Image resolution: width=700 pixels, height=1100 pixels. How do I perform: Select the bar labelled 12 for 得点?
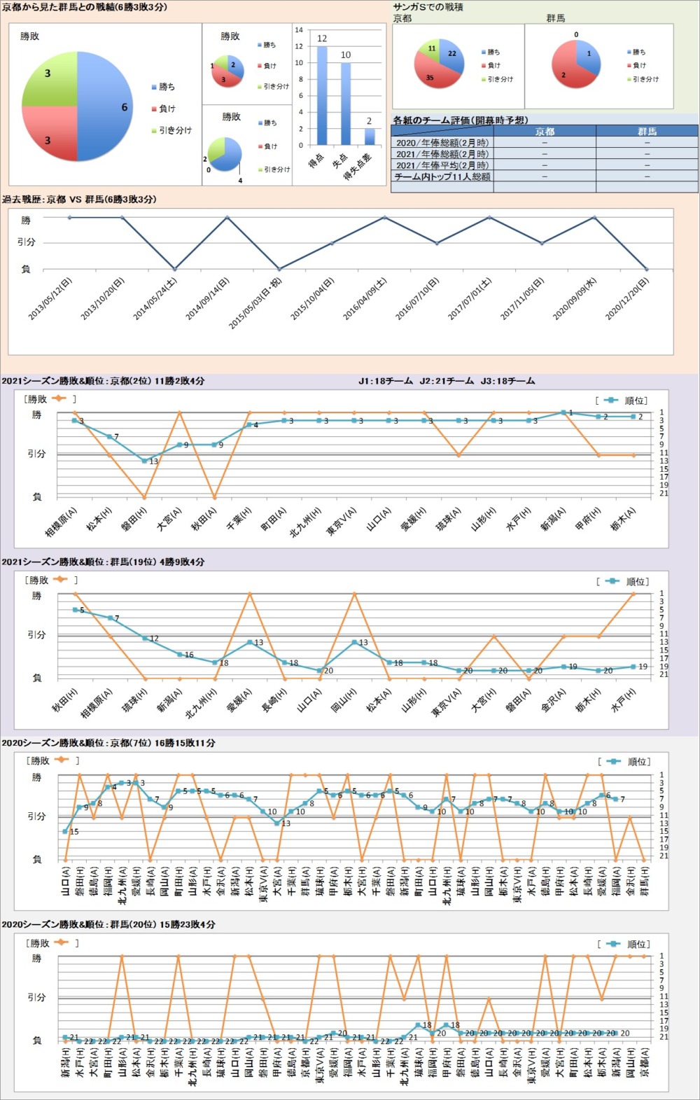[322, 95]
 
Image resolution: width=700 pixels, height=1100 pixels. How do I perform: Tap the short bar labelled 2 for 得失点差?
[370, 137]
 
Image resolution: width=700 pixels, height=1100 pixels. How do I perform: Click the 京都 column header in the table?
[545, 131]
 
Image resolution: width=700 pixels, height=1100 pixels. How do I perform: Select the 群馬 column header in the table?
[647, 131]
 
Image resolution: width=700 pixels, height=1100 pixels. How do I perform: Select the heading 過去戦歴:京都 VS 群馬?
[79, 200]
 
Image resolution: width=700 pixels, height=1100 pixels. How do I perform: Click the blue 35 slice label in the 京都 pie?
[430, 78]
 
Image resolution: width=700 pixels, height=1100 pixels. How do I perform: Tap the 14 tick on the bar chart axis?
[299, 30]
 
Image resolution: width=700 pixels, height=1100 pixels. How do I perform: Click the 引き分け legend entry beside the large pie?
[171, 130]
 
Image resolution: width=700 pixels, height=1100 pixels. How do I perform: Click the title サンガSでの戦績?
[428, 7]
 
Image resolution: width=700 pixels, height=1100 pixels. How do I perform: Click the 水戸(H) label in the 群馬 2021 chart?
[624, 700]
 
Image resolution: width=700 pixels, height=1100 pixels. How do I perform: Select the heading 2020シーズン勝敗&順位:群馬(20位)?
[108, 925]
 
